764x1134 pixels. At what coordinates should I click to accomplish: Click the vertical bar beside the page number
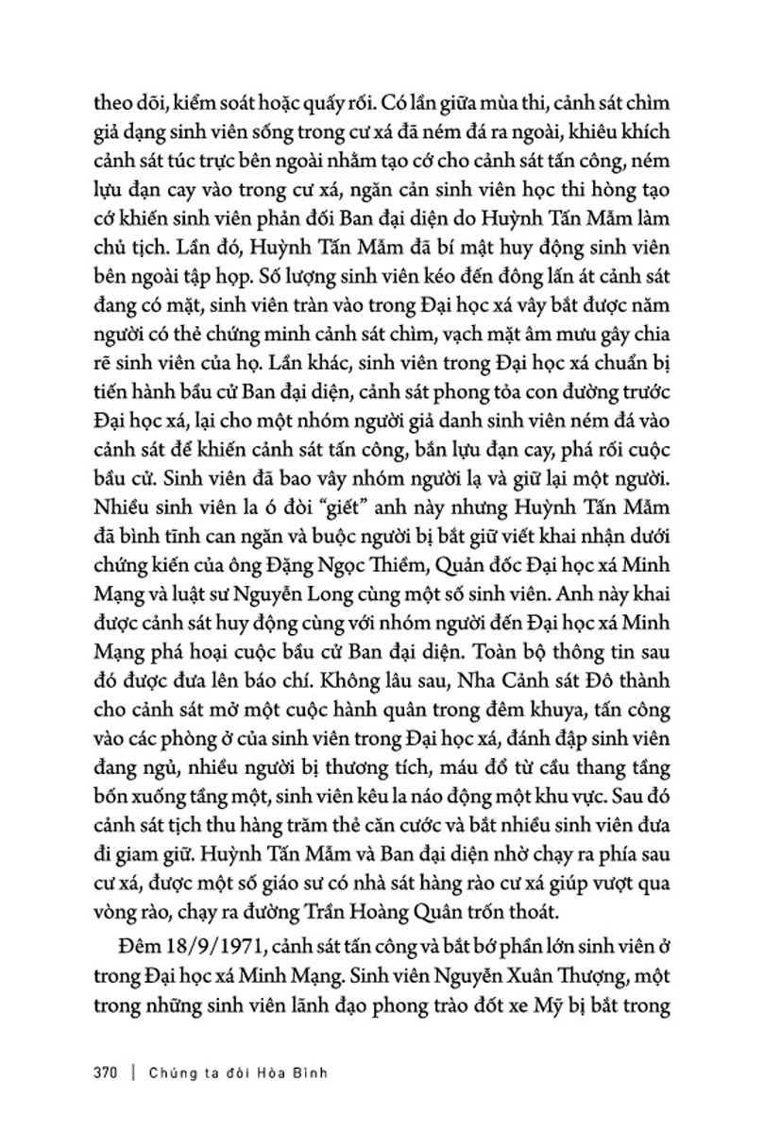point(137,1074)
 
